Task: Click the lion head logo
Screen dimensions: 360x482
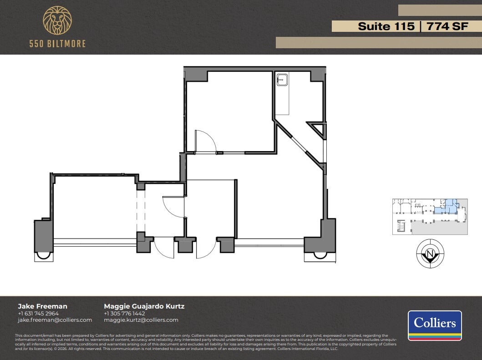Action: (57, 21)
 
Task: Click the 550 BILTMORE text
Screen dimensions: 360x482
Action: (57, 44)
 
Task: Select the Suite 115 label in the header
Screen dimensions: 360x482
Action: (386, 26)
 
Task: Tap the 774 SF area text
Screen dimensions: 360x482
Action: (446, 26)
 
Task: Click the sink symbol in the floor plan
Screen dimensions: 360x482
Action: (282, 81)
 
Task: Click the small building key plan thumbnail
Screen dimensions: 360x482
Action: (430, 216)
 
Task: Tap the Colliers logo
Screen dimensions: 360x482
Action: (435, 325)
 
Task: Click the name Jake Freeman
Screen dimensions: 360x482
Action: (42, 306)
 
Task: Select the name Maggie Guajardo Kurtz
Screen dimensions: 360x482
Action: (144, 306)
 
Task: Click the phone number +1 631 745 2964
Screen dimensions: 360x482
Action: (38, 314)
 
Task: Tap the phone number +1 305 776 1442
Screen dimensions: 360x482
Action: (124, 314)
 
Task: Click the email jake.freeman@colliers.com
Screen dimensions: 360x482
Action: (55, 320)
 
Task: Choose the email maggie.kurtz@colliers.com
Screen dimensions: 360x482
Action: (141, 320)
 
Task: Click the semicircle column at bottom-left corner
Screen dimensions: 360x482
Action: (44, 255)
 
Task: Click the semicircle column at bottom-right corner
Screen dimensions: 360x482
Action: (320, 255)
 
